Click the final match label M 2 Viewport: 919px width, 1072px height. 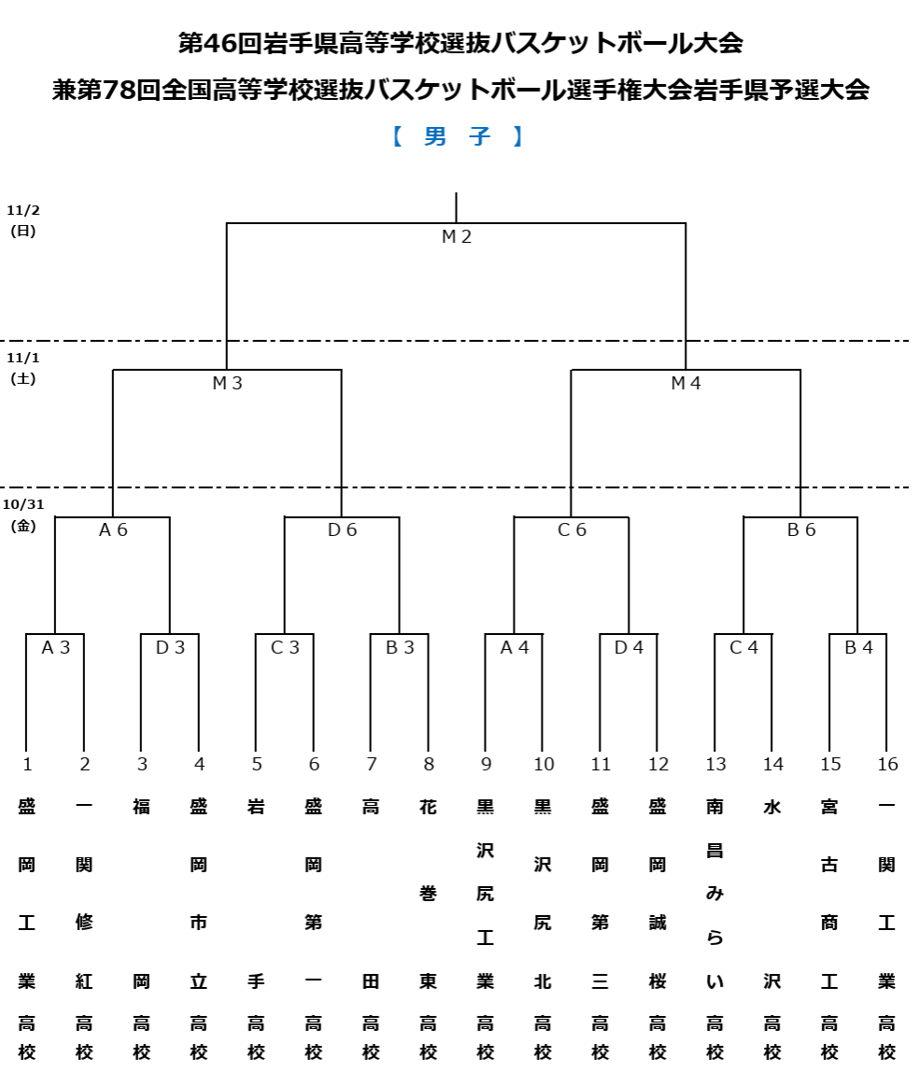457,237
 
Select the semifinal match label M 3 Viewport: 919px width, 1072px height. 227,383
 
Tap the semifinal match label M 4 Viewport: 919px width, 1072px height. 686,383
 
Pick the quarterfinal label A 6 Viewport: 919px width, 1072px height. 113,530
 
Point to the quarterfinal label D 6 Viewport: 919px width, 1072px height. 342,530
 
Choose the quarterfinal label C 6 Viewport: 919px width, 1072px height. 572,530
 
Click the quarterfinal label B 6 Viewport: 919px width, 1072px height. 801,530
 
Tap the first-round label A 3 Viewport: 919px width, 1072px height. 56,647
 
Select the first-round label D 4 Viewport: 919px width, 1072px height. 629,647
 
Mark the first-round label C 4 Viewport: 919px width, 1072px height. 743,647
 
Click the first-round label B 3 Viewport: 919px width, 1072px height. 400,647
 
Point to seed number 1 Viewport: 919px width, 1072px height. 27,765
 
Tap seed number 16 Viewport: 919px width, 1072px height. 887,765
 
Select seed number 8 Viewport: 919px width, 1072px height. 429,765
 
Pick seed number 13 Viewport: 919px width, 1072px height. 715,765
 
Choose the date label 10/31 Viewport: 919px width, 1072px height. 23,504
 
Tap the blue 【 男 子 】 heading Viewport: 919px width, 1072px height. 458,136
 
